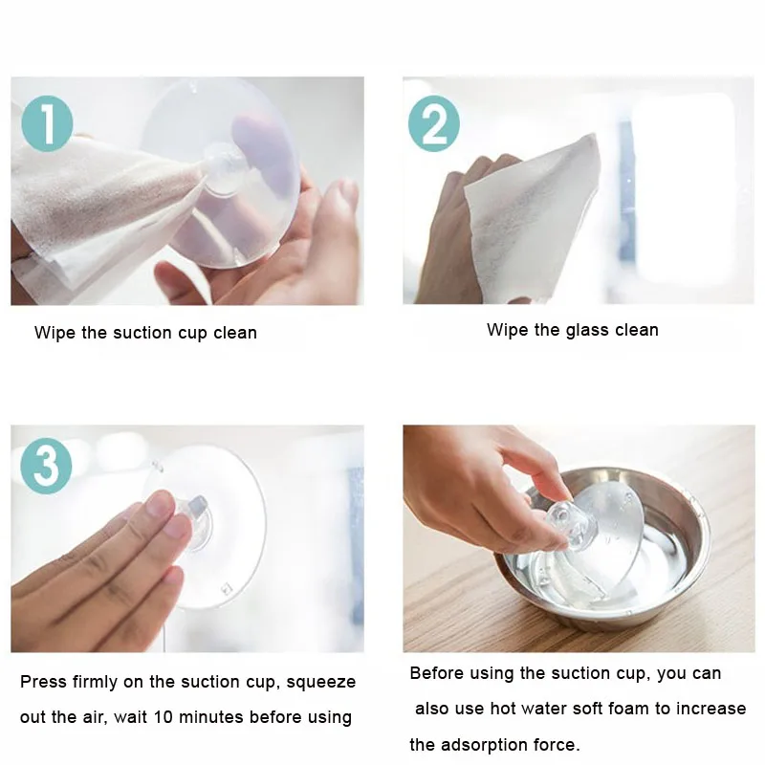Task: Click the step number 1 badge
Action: click(x=47, y=125)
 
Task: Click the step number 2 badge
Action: click(x=433, y=125)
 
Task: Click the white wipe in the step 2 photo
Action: click(x=531, y=215)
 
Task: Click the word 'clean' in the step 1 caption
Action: click(x=234, y=333)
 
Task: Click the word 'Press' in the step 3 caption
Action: click(x=42, y=682)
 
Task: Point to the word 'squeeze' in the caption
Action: click(x=319, y=682)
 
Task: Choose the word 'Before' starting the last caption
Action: click(x=437, y=673)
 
